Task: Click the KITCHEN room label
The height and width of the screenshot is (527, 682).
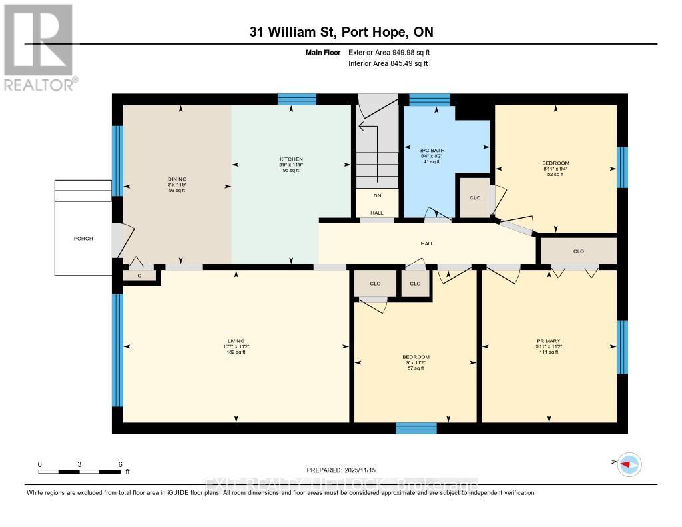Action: click(x=290, y=159)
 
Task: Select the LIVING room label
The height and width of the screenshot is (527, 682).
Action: click(x=236, y=341)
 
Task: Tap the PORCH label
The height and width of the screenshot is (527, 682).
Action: click(x=84, y=238)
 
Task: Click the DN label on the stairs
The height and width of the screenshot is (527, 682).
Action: click(x=377, y=196)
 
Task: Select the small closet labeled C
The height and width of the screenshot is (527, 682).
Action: click(x=140, y=275)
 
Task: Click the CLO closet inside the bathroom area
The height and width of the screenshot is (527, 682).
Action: click(x=475, y=197)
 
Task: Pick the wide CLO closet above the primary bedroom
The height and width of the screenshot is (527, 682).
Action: click(x=578, y=251)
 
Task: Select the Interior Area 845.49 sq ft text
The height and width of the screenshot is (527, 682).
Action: click(x=388, y=63)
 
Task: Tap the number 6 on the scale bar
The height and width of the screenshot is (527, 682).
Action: click(x=120, y=464)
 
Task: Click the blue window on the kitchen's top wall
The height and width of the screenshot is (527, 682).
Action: click(x=296, y=99)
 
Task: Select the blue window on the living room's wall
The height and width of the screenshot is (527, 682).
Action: click(x=117, y=350)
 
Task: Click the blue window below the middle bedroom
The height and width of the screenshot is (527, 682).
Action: click(x=416, y=428)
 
